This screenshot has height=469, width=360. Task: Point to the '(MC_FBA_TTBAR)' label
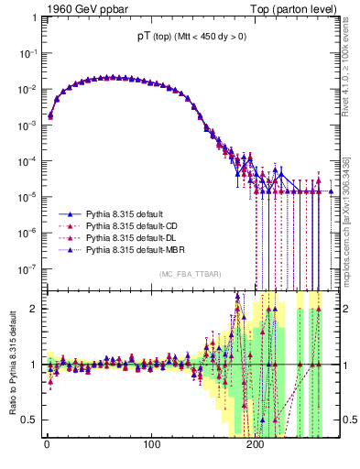pyautogui.click(x=190, y=276)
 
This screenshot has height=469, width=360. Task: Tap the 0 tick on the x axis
pyautogui.click(x=46, y=446)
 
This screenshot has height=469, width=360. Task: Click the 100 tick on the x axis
pyautogui.click(x=152, y=446)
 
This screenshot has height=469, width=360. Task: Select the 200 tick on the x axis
pyautogui.click(x=257, y=446)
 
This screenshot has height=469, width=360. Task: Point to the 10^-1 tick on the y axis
pyautogui.click(x=27, y=53)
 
